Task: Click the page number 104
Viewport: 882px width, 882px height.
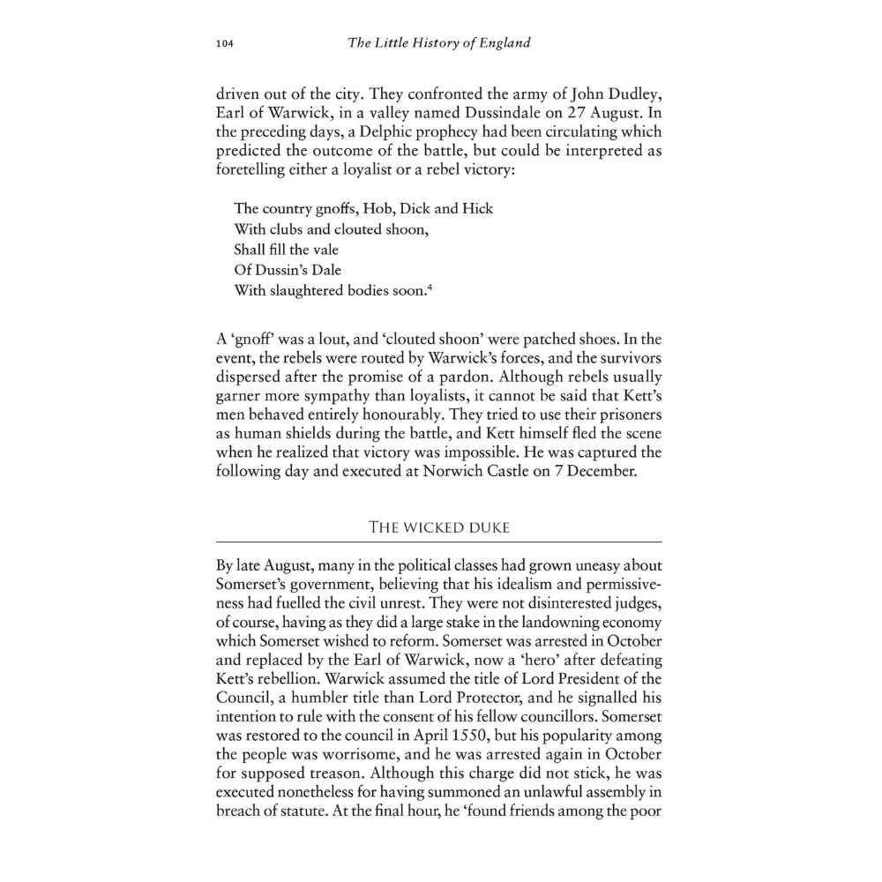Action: point(225,43)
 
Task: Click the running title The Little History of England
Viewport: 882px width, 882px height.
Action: point(439,42)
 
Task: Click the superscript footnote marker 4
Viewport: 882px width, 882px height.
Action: point(429,286)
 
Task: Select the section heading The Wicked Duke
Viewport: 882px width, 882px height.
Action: point(439,527)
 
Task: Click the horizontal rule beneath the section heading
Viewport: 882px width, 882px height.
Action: point(439,541)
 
